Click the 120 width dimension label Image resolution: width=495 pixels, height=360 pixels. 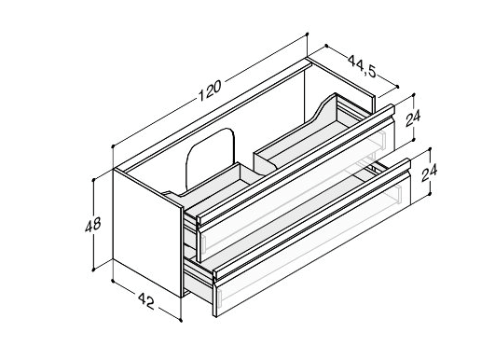(x=210, y=90)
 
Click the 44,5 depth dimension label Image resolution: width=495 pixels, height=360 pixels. (x=362, y=66)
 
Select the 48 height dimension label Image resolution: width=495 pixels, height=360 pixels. (x=93, y=224)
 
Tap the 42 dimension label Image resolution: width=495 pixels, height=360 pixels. (x=145, y=300)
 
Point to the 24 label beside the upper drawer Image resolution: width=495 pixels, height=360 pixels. (x=413, y=118)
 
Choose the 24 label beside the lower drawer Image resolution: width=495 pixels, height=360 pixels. (x=430, y=173)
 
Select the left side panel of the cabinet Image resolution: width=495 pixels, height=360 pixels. (x=147, y=233)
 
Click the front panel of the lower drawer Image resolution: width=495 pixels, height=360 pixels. (x=312, y=243)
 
